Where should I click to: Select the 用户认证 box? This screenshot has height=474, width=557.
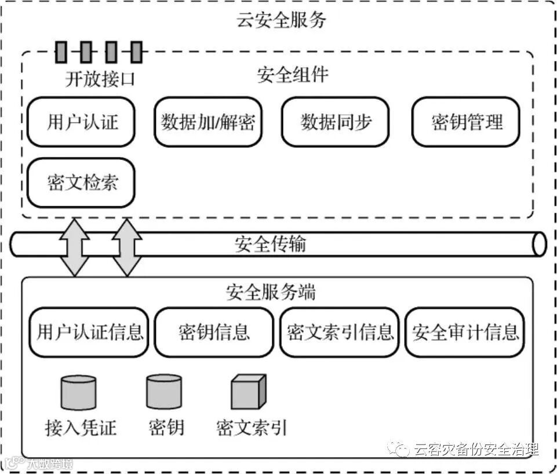pos(81,122)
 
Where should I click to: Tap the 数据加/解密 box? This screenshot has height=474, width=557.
pos(208,122)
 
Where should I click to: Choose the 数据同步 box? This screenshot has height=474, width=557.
pos(336,122)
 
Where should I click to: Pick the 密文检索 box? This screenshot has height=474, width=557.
pos(81,183)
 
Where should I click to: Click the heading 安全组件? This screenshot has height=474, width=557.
pos(292,74)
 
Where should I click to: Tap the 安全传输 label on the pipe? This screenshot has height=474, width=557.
pos(270,244)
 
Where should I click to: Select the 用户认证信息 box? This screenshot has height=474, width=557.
pos(90,332)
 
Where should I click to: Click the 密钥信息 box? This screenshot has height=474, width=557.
pos(214,332)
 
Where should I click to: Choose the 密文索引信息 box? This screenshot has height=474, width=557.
pos(340,332)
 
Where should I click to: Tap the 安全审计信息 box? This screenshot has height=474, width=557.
pos(465,332)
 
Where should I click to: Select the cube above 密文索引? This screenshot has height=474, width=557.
pos(248,392)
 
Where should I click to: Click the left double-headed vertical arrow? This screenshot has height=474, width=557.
pos(75,246)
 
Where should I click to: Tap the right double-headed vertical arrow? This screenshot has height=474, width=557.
pos(126,246)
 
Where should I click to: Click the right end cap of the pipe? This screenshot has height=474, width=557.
pos(539,244)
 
